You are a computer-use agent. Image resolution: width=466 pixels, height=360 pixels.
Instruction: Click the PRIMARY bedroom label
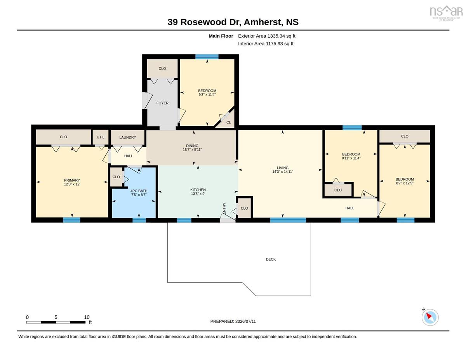[x=72, y=180]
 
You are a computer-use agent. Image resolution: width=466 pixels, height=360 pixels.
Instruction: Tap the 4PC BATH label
[x=139, y=191]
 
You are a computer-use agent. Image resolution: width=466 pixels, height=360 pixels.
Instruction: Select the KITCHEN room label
[x=198, y=190]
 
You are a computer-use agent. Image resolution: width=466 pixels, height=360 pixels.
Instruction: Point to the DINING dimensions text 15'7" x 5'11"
[x=192, y=150]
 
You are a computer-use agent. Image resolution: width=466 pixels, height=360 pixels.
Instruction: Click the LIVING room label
[x=282, y=168]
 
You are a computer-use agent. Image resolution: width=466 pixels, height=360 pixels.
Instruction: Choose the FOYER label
[x=162, y=103]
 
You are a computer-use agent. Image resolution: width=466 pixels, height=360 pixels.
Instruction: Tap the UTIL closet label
[x=100, y=137]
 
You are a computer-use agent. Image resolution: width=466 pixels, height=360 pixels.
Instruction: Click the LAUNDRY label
[x=128, y=137]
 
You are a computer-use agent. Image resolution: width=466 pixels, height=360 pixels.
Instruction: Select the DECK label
[x=271, y=259]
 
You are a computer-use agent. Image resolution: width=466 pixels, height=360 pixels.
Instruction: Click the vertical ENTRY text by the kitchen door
[x=224, y=208]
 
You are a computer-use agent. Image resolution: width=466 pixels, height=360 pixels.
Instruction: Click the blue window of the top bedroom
[x=207, y=57]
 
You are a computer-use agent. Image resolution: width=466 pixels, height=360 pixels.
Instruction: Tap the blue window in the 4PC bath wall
[x=139, y=220]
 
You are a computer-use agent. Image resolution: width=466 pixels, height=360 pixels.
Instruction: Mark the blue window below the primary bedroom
[x=71, y=220]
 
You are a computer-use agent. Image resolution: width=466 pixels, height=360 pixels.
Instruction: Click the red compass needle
[x=429, y=316]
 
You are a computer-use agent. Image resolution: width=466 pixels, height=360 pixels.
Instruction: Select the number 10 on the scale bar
[x=87, y=317]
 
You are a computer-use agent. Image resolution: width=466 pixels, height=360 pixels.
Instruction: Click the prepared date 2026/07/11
[x=245, y=321]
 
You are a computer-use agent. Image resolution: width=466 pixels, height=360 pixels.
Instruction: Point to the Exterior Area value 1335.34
[x=276, y=36]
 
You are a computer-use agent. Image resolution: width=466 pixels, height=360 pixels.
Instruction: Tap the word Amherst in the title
[x=262, y=22]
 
